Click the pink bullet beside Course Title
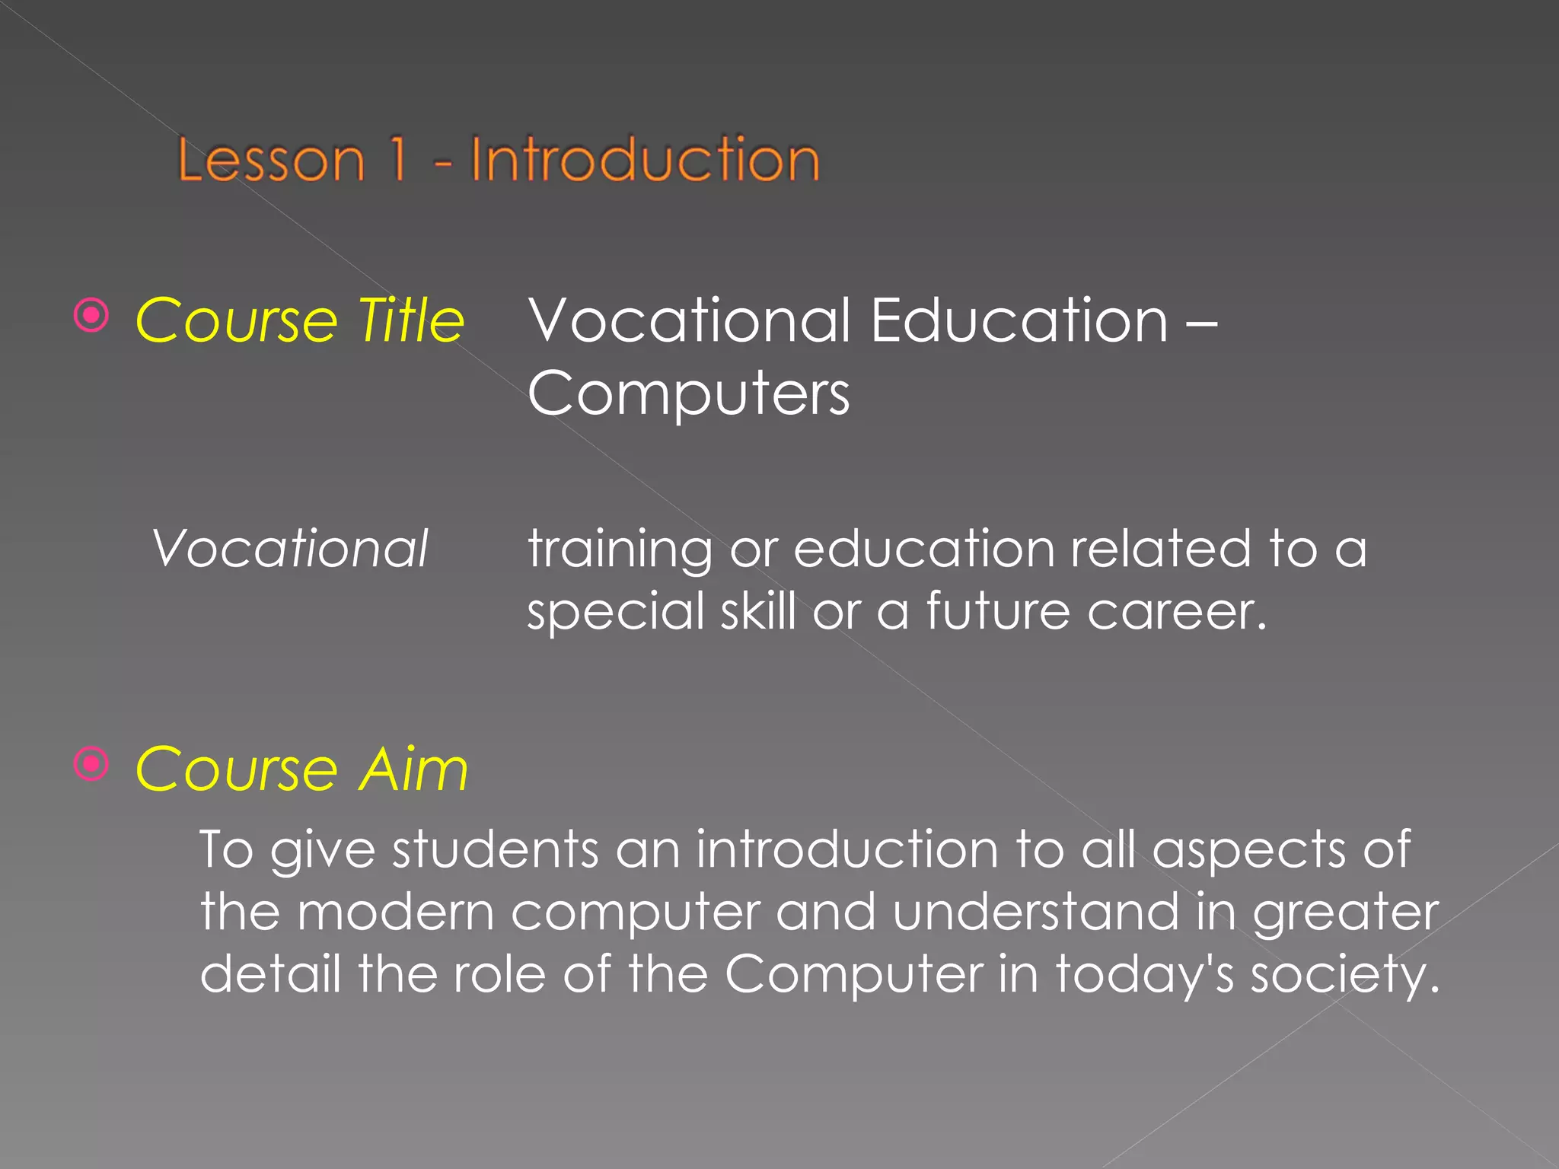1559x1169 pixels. coord(92,315)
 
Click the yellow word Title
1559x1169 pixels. coord(411,320)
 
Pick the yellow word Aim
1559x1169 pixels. coord(414,769)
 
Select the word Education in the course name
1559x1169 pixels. coord(1019,320)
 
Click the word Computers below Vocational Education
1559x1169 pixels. coord(688,394)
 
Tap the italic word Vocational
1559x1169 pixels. coord(290,548)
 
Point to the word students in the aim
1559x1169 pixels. coord(495,849)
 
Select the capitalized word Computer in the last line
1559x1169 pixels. coord(853,975)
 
